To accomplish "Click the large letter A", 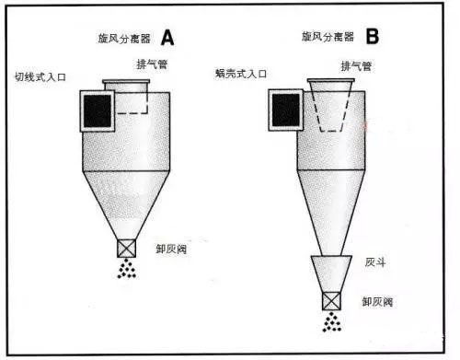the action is (167, 38).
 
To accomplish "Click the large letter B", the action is (373, 36).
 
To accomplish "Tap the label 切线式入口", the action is (40, 76).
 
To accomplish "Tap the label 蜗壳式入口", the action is (241, 74).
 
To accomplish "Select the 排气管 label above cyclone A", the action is (152, 64).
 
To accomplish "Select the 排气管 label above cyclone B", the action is (356, 66).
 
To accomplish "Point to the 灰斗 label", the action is (375, 262).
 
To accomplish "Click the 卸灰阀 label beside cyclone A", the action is (171, 249).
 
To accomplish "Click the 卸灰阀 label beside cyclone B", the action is (377, 302).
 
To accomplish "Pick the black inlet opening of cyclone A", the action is (98, 110).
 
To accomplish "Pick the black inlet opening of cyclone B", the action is (286, 110).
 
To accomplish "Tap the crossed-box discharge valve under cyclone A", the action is (126, 249).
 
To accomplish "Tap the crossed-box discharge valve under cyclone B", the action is (331, 301).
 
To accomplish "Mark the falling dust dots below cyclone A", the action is (127, 269).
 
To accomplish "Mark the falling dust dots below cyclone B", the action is (332, 322).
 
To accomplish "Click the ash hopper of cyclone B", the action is (331, 273).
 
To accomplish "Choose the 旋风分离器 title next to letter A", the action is (124, 39).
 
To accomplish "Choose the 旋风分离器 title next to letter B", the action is (328, 37).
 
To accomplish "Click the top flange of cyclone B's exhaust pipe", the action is (331, 80).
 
